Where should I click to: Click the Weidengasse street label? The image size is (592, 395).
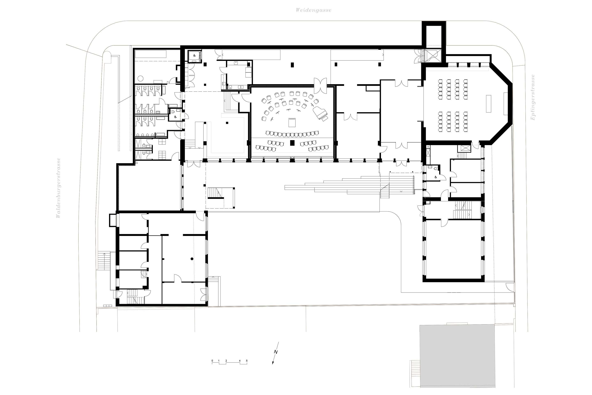click(x=313, y=10)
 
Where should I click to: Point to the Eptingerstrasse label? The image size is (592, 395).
click(x=533, y=97)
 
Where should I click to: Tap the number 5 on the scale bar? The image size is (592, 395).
click(x=247, y=361)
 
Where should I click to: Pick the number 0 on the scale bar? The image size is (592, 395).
click(x=212, y=361)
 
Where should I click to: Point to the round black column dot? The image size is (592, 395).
click(x=192, y=259)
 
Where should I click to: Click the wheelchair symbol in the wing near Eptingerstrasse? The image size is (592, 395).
click(x=435, y=177)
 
